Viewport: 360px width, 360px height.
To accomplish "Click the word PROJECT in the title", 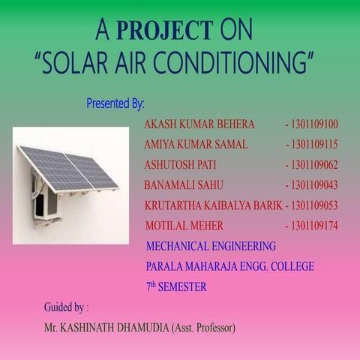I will pyautogui.click(x=165, y=30).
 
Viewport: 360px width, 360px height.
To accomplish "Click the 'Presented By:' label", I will pyautogui.click(x=115, y=102).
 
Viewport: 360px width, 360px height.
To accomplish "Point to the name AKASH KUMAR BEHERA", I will pyautogui.click(x=199, y=124).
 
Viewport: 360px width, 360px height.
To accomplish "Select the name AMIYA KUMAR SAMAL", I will pyautogui.click(x=196, y=144).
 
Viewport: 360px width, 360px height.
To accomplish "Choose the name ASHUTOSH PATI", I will pyautogui.click(x=180, y=164).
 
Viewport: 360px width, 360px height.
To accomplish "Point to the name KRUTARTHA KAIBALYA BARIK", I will pyautogui.click(x=213, y=205).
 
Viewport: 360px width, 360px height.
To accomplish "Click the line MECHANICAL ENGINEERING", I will pyautogui.click(x=211, y=245).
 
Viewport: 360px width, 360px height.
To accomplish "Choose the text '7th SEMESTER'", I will pyautogui.click(x=176, y=286).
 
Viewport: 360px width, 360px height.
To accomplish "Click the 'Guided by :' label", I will pyautogui.click(x=66, y=307).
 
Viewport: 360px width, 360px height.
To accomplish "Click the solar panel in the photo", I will pyautogui.click(x=67, y=168).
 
